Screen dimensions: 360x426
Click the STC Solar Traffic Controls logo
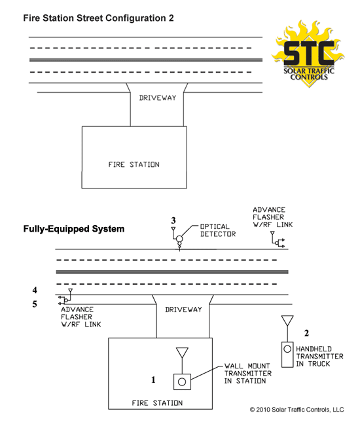(x=308, y=54)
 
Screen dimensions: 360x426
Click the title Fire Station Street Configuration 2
(x=98, y=18)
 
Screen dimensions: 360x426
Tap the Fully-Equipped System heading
(x=73, y=229)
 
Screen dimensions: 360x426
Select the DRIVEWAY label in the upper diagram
(x=158, y=98)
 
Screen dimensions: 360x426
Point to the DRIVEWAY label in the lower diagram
(x=183, y=310)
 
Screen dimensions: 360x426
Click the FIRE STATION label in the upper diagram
(x=134, y=164)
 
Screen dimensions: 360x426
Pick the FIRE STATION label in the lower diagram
(x=157, y=403)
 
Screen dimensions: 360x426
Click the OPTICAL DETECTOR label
(x=218, y=230)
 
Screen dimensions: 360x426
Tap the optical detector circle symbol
(x=179, y=239)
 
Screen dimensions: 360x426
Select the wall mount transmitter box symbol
(x=182, y=382)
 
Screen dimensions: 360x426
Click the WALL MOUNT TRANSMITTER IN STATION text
(x=248, y=373)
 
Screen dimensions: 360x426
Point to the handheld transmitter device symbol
(x=287, y=355)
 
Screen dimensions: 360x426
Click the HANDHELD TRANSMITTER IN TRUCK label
(x=319, y=356)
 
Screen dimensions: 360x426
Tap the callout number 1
(x=153, y=380)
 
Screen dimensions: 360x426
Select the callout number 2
(x=306, y=333)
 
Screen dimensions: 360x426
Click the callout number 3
(x=173, y=221)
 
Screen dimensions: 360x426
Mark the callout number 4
(x=35, y=290)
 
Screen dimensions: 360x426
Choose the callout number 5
(x=35, y=304)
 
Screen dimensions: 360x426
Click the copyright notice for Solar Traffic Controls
(x=297, y=410)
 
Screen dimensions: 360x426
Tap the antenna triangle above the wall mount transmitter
(x=182, y=353)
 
